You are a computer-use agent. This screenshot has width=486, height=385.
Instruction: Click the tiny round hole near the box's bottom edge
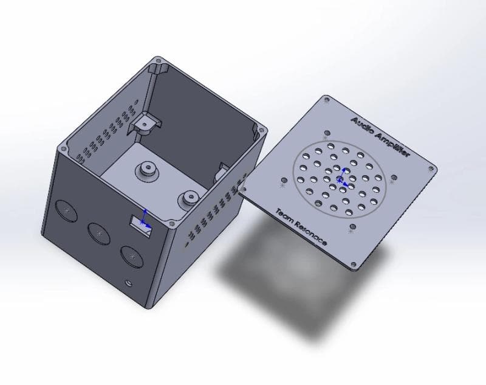click(128, 282)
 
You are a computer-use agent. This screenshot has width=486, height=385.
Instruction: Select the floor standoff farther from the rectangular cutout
click(146, 170)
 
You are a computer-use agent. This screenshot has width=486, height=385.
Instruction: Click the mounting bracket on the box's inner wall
click(143, 123)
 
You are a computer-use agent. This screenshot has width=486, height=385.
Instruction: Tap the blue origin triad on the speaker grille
click(341, 177)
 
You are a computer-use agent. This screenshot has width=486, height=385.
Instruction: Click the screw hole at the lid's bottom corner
click(353, 265)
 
